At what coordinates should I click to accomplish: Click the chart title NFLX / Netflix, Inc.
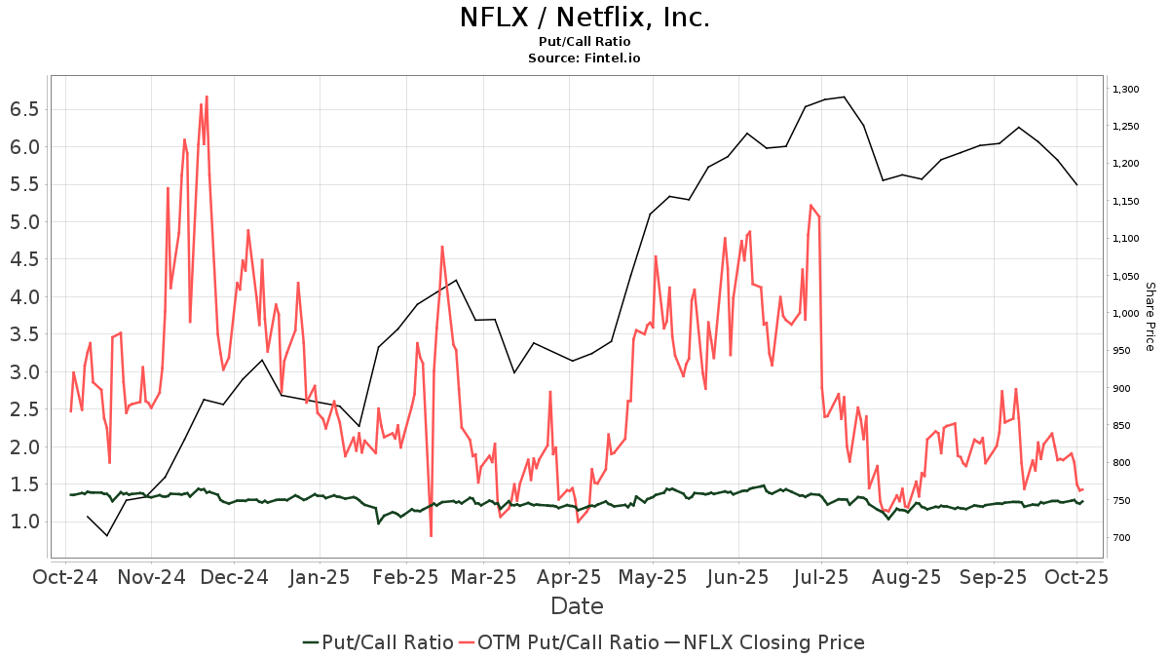[x=584, y=18]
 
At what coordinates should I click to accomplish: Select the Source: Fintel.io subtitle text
[x=584, y=58]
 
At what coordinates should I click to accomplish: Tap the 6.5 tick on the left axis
[x=24, y=109]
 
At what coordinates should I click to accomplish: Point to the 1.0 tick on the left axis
[x=24, y=522]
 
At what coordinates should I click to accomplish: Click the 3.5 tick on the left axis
[x=24, y=334]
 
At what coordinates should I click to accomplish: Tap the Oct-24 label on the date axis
[x=66, y=576]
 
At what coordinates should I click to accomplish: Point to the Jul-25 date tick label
[x=823, y=576]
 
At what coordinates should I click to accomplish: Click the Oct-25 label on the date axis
[x=1076, y=576]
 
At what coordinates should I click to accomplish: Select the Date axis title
[x=577, y=606]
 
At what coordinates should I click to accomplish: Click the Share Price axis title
[x=1150, y=317]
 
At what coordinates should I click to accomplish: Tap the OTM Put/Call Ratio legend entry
[x=563, y=642]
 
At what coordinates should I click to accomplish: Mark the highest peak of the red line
[x=207, y=97]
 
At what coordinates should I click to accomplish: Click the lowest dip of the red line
[x=431, y=536]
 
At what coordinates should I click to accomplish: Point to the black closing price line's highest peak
[x=844, y=97]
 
